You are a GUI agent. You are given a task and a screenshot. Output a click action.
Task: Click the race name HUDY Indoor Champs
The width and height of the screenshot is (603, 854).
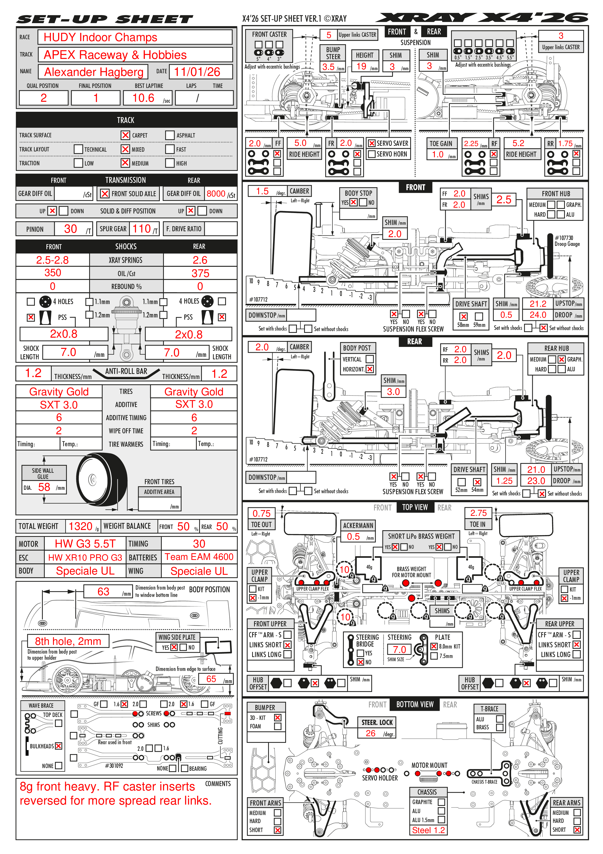click(x=100, y=37)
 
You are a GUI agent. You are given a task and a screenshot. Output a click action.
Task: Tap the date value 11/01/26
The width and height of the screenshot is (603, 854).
click(x=197, y=72)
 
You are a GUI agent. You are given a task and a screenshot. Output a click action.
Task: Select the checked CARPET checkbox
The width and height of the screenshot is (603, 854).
click(x=125, y=135)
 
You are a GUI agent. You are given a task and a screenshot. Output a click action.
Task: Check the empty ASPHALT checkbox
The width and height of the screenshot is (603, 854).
click(x=170, y=135)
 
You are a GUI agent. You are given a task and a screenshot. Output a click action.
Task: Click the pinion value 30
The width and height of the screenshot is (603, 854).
click(x=70, y=229)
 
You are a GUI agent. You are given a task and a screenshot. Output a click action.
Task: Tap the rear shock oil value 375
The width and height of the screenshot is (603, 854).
click(x=200, y=273)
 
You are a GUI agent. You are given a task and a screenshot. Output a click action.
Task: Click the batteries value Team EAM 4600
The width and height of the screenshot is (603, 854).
click(x=199, y=557)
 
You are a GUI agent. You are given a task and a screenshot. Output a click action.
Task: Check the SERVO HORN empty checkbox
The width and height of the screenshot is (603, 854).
click(x=371, y=154)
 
